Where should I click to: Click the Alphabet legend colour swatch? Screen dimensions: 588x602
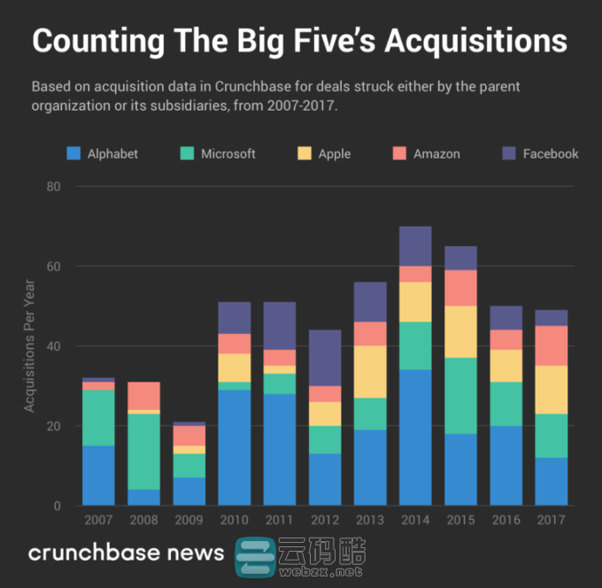74,154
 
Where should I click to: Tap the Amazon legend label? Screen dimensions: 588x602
436,154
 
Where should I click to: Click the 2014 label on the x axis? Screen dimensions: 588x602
415,520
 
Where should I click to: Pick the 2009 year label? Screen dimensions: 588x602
189,520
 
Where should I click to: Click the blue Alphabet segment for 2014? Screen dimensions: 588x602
415,437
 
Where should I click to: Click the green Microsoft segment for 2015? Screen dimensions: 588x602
460,396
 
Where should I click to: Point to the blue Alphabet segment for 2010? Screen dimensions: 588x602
235,447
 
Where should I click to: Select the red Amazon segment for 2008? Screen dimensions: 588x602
143,396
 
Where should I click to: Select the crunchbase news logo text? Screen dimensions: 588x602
126,553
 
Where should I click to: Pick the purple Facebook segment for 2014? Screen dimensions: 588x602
415,246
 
